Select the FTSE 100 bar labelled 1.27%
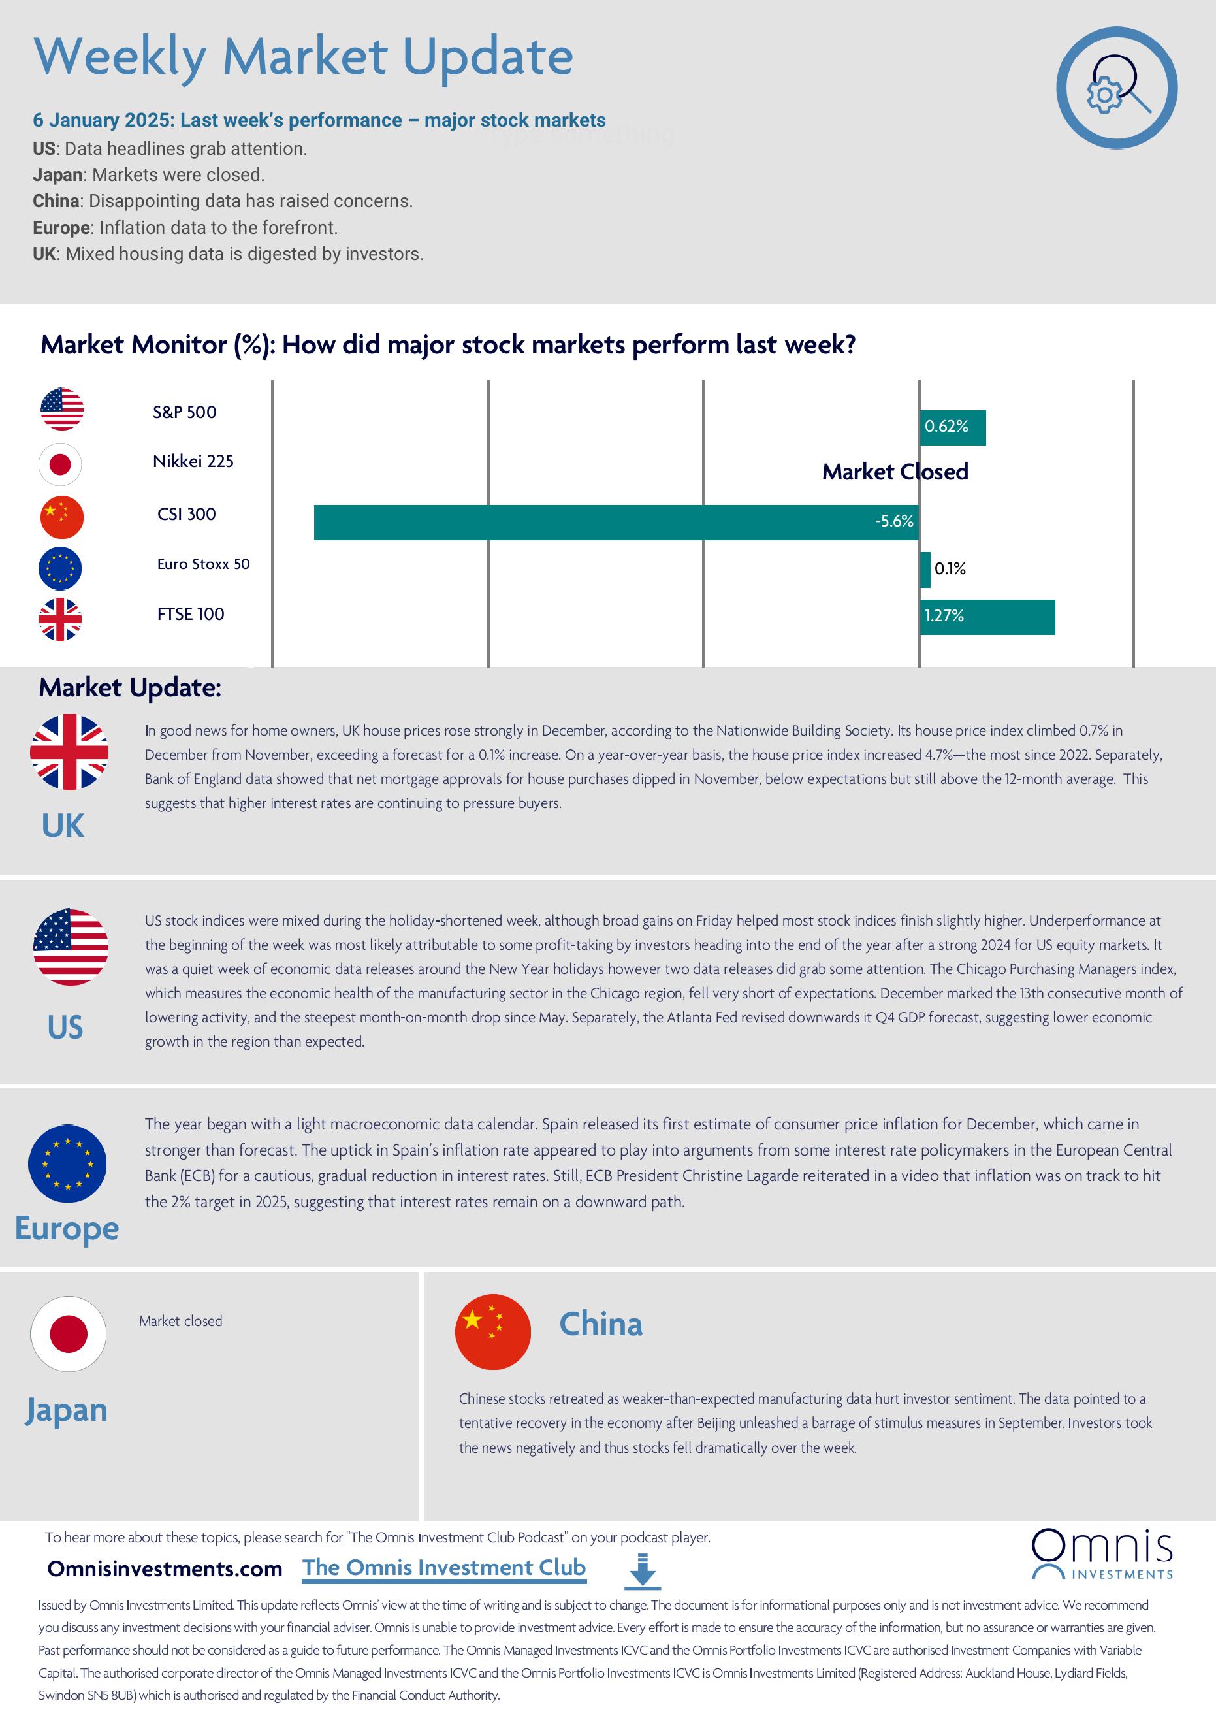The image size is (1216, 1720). tap(987, 617)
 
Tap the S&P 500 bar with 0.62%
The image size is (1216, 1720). tap(952, 427)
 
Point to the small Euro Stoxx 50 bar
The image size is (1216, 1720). tap(925, 570)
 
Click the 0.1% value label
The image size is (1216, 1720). tap(950, 568)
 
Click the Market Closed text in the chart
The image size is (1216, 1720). tap(895, 471)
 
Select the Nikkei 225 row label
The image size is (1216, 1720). tap(193, 461)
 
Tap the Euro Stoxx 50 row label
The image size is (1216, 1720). tap(203, 563)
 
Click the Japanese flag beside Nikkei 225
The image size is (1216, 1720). tap(60, 464)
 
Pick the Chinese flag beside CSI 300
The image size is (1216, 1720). tap(61, 517)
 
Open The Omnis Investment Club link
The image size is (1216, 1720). tap(444, 1567)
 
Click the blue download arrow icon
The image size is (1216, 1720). tap(642, 1571)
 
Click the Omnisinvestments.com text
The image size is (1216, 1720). tap(165, 1568)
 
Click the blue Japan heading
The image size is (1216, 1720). tap(66, 1409)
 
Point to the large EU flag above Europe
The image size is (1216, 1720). tap(67, 1163)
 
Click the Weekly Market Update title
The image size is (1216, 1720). tap(303, 56)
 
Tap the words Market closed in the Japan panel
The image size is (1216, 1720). tap(180, 1321)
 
